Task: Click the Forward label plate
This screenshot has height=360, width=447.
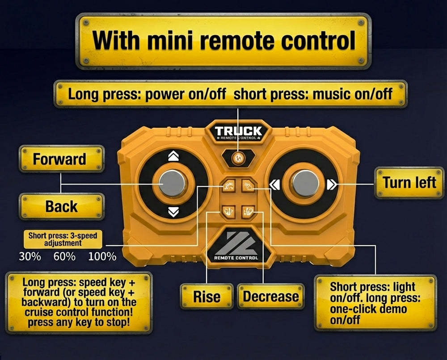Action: pos(62,159)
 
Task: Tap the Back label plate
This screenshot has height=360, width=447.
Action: pos(62,206)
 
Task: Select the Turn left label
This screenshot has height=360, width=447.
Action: pos(409,183)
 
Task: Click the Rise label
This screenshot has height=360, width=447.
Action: pos(207,297)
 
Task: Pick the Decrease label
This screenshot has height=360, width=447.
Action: pos(271,297)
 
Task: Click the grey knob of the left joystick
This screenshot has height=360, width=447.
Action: pos(172,183)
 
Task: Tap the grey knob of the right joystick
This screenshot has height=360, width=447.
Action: pos(305,183)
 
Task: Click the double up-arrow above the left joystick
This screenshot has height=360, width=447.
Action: pos(173,156)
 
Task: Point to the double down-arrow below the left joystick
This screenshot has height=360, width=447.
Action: pos(173,212)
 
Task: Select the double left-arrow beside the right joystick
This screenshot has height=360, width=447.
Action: pos(275,184)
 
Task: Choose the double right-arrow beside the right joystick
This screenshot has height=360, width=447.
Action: pos(332,184)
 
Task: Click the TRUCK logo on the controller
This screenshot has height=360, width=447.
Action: pos(238,131)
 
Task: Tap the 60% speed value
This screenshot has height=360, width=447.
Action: pos(64,256)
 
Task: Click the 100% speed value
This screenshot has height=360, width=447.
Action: pos(102,256)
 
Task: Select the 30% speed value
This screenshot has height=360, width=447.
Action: pos(30,256)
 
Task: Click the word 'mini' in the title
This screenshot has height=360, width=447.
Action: pos(170,41)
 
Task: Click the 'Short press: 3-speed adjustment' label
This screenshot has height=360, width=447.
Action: pos(63,239)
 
